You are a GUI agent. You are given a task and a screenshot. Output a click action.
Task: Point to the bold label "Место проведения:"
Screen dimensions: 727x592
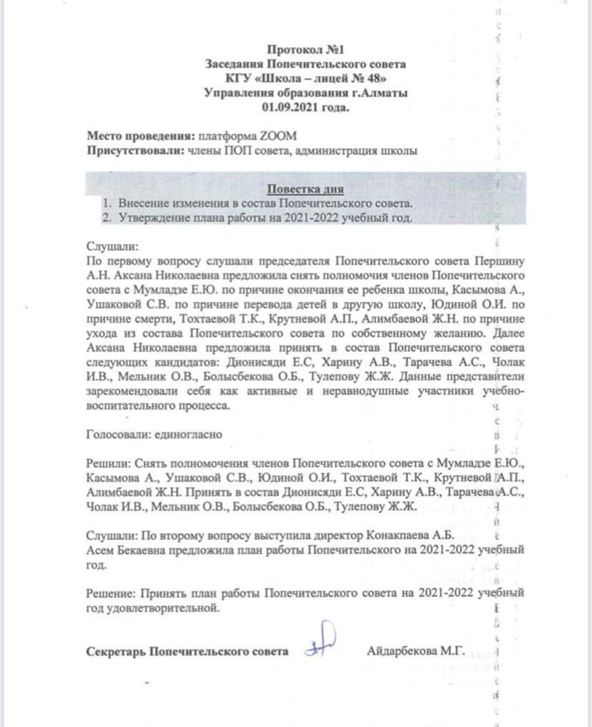tap(140, 136)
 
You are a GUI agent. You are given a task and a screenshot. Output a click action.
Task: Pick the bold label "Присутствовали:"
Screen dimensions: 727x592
tap(134, 151)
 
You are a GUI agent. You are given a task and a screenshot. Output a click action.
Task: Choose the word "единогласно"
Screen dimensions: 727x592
tap(189, 434)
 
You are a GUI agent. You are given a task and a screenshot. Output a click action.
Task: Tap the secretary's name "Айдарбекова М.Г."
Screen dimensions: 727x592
tap(416, 652)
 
